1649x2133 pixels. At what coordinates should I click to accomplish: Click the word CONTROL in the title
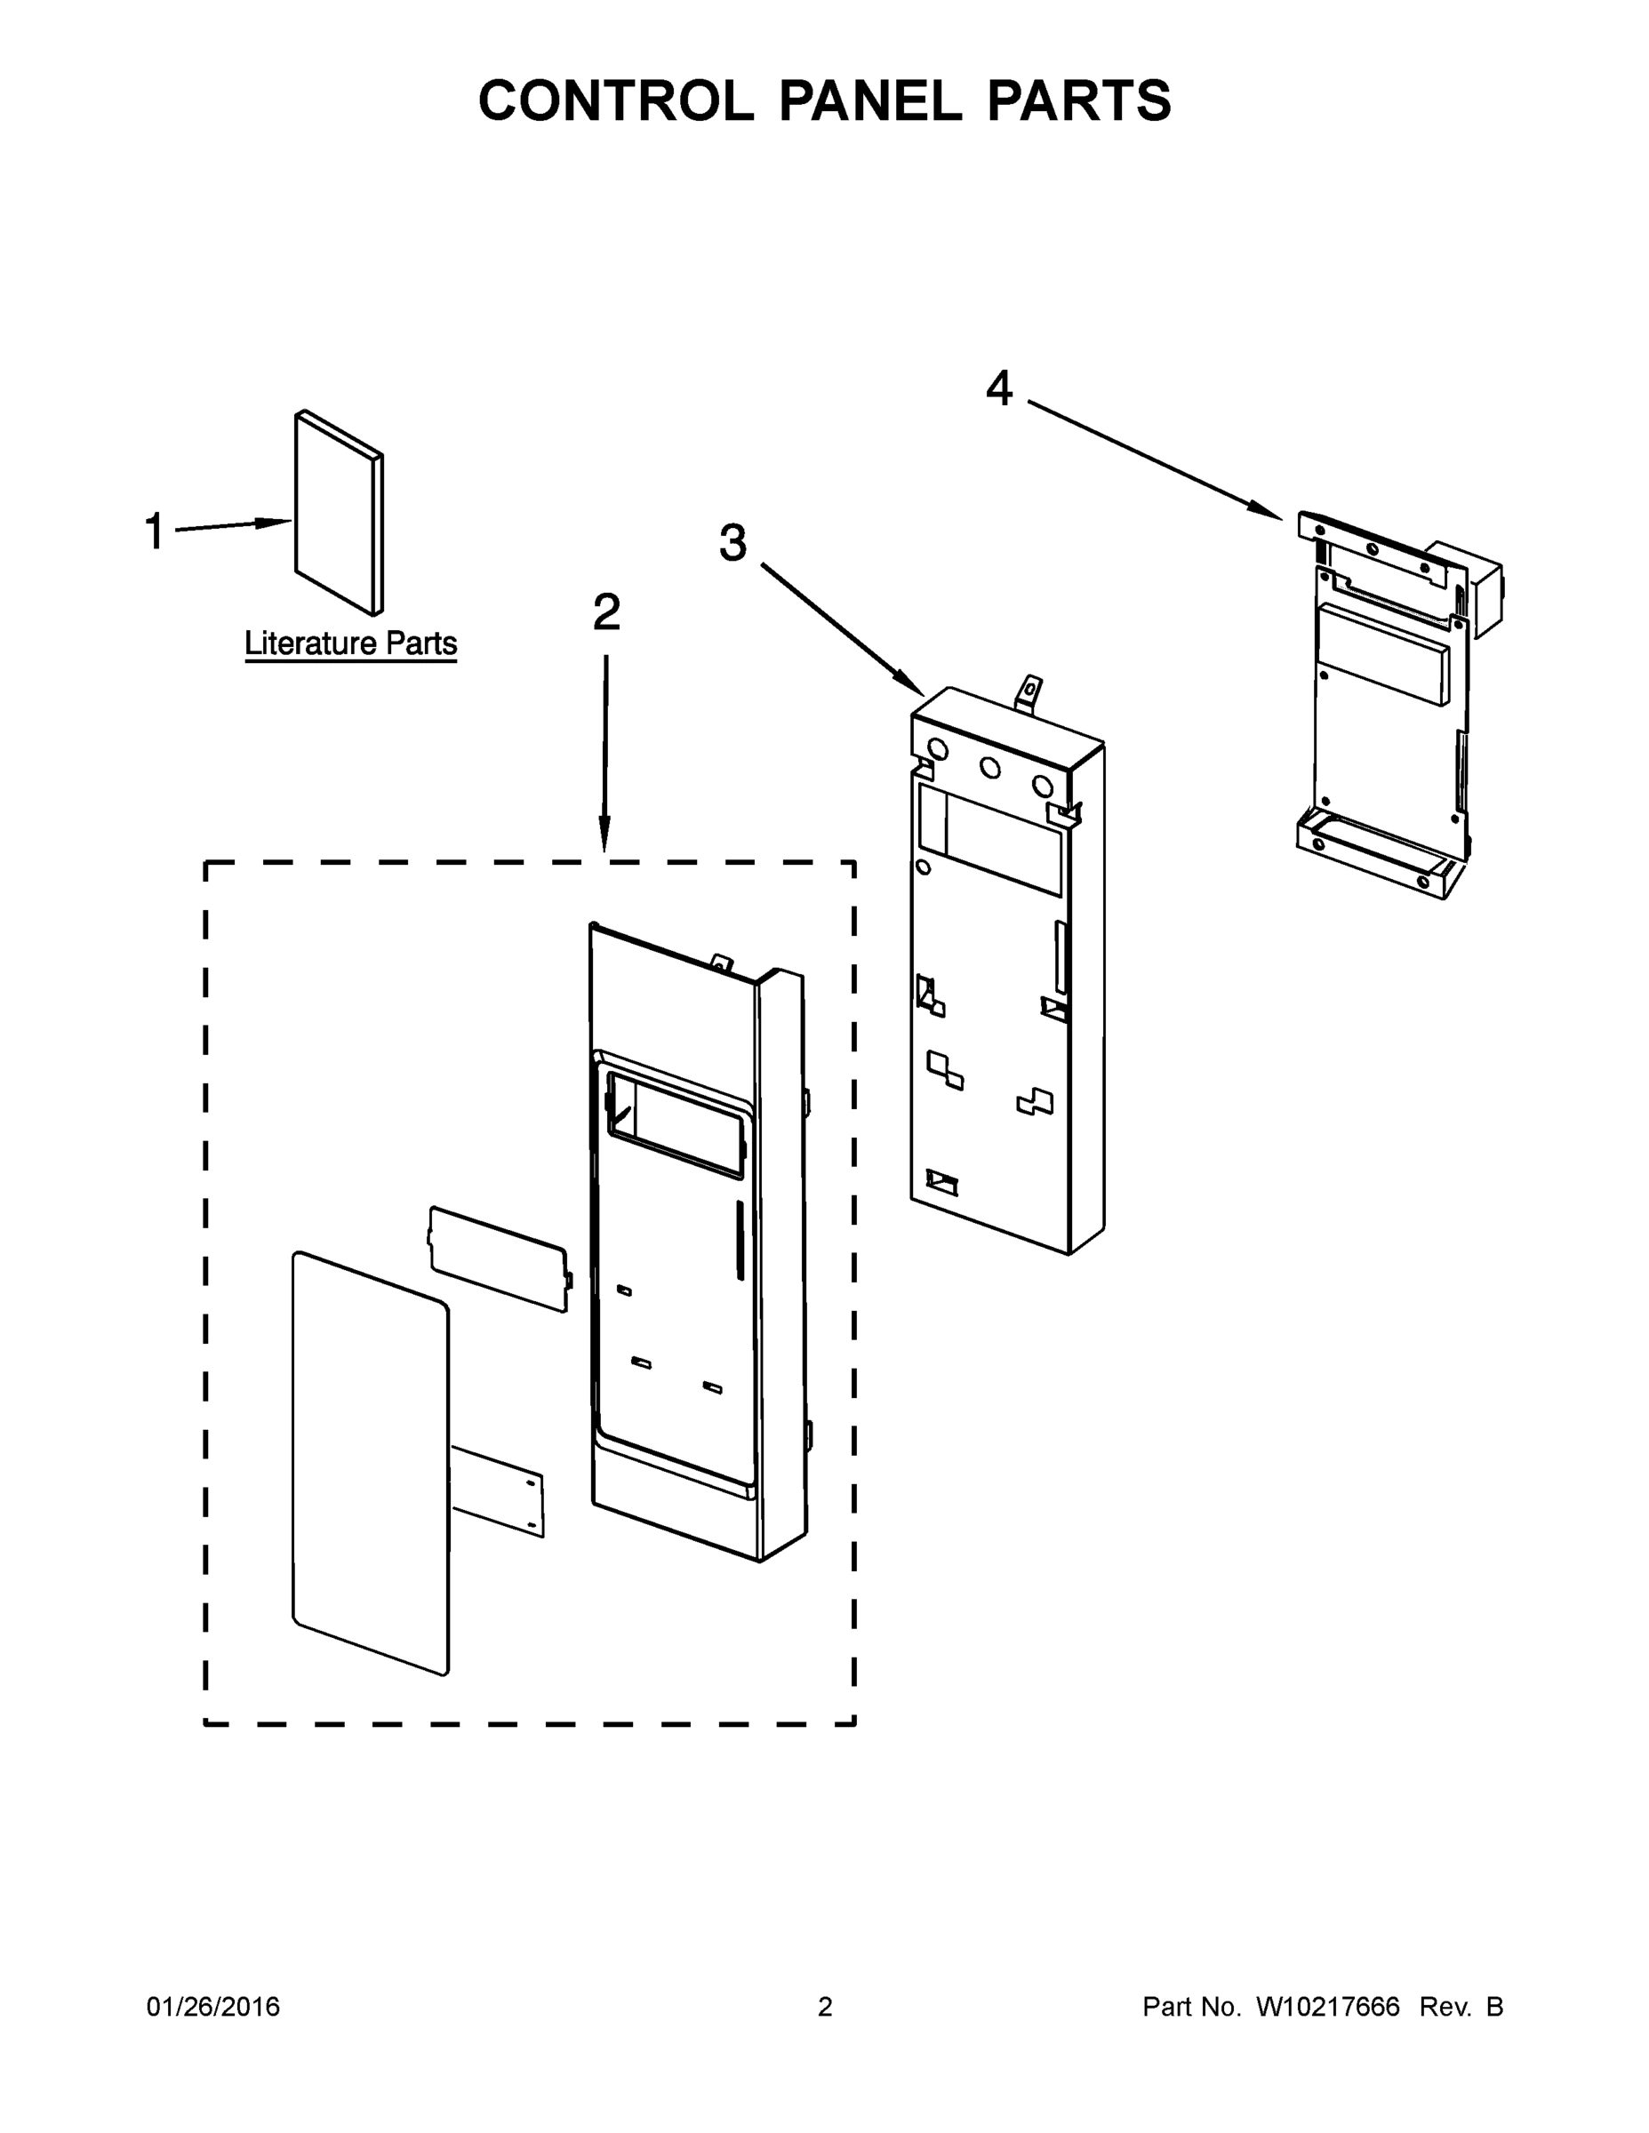[615, 101]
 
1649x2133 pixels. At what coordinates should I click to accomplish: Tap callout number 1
[155, 532]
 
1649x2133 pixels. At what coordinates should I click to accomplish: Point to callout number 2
[605, 613]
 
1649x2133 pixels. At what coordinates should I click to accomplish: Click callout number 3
[732, 543]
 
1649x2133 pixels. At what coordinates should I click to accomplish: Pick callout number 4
[998, 388]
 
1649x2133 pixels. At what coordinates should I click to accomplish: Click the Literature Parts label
[349, 643]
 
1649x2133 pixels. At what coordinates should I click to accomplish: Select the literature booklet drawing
[337, 513]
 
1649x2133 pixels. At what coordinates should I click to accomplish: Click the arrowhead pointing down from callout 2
[604, 840]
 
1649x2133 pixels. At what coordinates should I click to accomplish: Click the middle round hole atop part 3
[989, 769]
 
